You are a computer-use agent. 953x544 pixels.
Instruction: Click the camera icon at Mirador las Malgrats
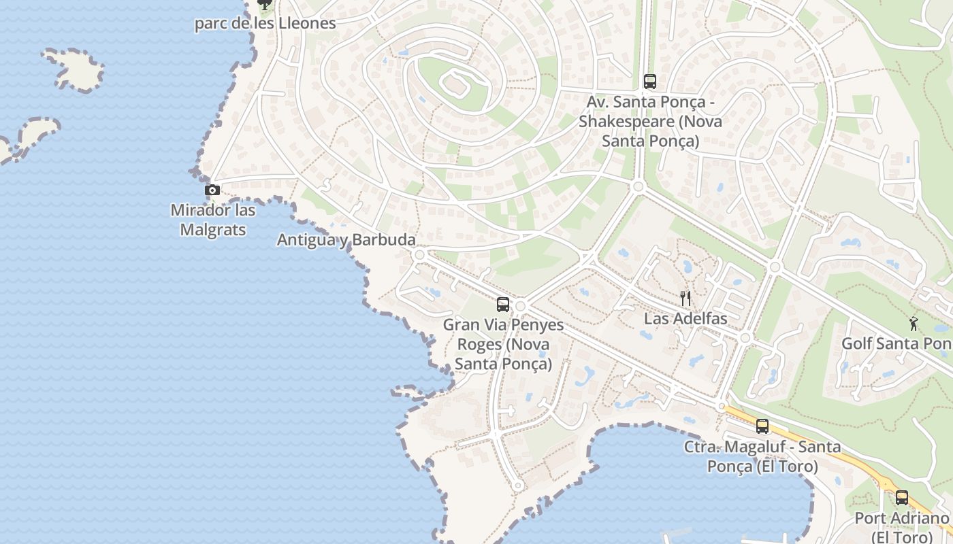coord(212,190)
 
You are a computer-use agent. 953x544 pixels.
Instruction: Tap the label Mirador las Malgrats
coord(213,220)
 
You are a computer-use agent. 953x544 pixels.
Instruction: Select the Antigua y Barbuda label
coord(346,240)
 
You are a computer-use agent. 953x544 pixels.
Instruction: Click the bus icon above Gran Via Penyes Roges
coord(503,305)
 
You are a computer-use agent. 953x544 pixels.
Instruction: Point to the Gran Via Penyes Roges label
coord(503,344)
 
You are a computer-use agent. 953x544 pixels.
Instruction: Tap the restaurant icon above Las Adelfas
coord(685,298)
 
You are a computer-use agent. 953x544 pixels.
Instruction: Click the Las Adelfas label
coord(685,318)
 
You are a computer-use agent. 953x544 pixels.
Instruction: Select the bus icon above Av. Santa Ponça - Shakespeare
coord(650,82)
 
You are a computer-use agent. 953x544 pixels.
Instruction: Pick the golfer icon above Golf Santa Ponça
coord(914,324)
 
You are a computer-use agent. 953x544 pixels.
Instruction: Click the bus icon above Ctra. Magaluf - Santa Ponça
coord(762,426)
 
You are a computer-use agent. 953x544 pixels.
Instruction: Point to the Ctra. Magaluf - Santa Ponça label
coord(762,457)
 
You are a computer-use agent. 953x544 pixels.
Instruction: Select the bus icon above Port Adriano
coord(902,498)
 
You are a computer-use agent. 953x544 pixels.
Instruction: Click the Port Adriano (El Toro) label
coord(902,527)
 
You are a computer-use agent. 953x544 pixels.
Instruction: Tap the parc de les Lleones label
coord(265,23)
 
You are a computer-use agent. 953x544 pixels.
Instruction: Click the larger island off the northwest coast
coord(75,68)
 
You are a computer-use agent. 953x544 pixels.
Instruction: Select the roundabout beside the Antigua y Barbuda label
coord(419,255)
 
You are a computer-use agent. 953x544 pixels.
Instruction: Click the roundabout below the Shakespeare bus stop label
coord(638,186)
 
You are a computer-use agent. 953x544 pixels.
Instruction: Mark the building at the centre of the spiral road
coord(453,85)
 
